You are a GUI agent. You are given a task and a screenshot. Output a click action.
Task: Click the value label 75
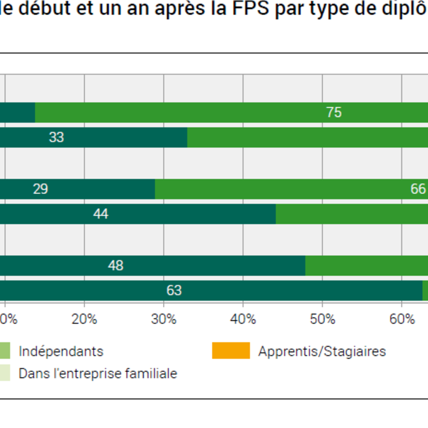pos(334,112)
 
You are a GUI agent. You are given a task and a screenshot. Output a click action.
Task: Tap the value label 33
pos(56,138)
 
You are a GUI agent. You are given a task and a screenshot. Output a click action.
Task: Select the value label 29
pos(40,189)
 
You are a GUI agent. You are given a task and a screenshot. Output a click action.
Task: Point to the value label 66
pos(418,189)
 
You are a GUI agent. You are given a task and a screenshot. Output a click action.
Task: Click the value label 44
pos(101,214)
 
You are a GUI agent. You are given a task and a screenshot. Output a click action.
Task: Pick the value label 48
pos(115,265)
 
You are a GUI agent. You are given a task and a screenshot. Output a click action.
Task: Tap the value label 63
pos(174,290)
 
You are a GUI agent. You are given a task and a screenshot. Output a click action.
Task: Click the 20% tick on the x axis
pos(84,319)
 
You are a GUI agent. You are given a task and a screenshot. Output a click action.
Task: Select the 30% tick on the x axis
pos(164,319)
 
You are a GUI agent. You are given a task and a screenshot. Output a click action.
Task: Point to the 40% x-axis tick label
pos(243,319)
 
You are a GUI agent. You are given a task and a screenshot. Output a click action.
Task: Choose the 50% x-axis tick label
pos(323,319)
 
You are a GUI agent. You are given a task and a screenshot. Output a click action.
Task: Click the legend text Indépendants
pos(61,351)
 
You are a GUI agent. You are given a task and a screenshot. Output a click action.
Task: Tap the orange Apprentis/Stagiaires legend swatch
pos(231,350)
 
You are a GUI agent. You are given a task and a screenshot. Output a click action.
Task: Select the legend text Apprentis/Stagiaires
pos(322,351)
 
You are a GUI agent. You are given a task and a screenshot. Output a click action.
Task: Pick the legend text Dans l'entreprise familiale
pos(98,374)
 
